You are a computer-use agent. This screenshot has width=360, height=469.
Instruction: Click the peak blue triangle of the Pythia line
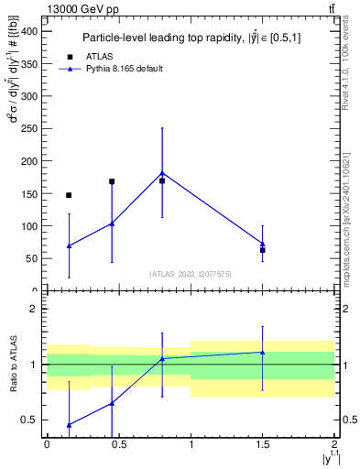[162, 172]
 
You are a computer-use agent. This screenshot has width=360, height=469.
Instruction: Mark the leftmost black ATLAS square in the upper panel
[69, 195]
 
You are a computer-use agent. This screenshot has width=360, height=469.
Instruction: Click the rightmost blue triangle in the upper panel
[263, 244]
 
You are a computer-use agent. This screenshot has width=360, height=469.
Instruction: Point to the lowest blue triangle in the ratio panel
[69, 425]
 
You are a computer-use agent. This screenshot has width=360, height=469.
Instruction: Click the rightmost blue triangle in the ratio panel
[263, 352]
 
